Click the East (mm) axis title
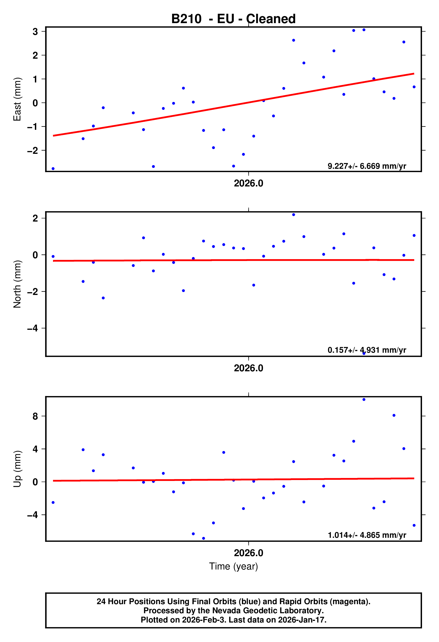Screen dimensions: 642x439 (17, 99)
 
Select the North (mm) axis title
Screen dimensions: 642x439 (17, 284)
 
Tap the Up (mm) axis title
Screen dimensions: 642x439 (17, 469)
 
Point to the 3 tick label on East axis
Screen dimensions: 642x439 (35, 31)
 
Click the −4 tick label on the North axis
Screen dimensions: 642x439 (32, 328)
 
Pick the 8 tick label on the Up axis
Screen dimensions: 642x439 (35, 416)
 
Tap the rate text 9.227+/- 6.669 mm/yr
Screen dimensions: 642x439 (367, 166)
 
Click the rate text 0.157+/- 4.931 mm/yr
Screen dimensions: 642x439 (367, 350)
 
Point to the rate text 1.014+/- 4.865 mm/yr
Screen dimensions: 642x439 (367, 535)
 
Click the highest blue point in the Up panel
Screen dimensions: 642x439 (364, 399)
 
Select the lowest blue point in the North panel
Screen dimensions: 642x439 (364, 353)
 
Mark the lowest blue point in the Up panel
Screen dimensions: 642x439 (204, 538)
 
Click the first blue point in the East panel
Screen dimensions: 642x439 (53, 169)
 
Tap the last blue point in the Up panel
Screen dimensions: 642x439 (414, 525)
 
